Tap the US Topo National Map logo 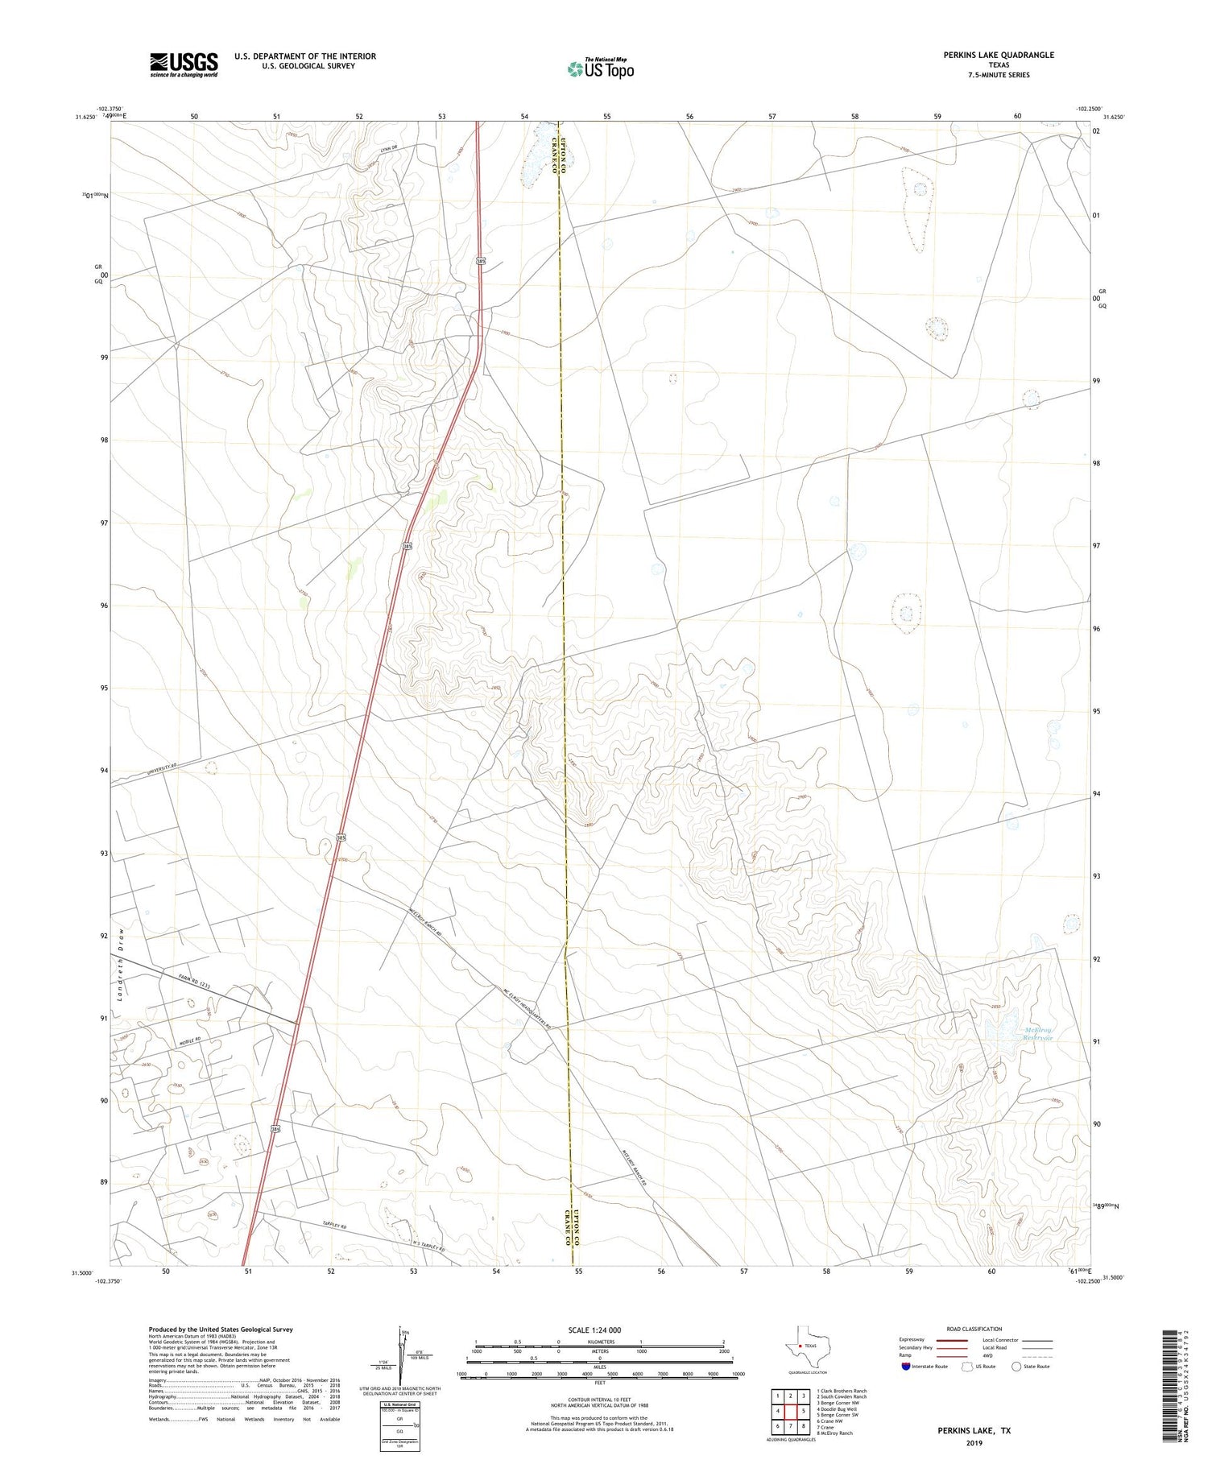pyautogui.click(x=601, y=68)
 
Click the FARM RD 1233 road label pyautogui.click(x=194, y=985)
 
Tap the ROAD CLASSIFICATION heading pyautogui.click(x=974, y=1329)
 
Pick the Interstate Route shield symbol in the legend pyautogui.click(x=906, y=1367)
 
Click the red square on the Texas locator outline pyautogui.click(x=799, y=1346)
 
